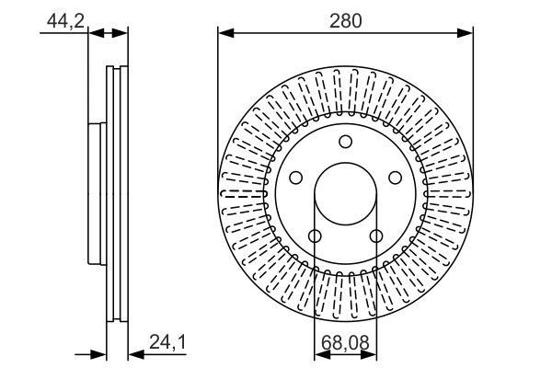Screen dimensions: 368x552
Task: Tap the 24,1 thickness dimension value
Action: point(167,343)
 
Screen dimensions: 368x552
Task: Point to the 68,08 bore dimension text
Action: point(346,343)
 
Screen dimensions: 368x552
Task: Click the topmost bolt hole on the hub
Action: point(346,142)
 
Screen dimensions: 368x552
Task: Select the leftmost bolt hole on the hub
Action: point(295,178)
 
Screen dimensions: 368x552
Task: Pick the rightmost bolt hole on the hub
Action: point(397,178)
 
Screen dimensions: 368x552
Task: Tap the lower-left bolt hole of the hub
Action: point(315,237)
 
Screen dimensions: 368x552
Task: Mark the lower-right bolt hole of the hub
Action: point(376,237)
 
